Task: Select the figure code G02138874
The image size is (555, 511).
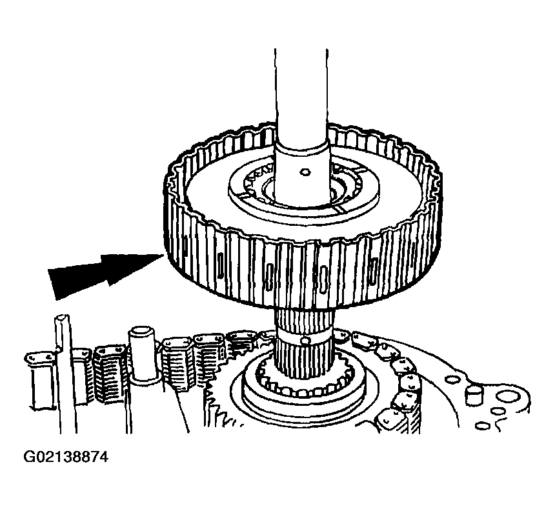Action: (x=66, y=457)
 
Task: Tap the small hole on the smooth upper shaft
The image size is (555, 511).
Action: (x=305, y=173)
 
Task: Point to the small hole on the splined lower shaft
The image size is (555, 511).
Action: (x=304, y=341)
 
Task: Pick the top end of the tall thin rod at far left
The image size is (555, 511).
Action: (x=61, y=318)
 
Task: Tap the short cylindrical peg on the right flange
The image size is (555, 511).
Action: (x=474, y=396)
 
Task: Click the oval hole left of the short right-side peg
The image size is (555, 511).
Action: (x=452, y=380)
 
